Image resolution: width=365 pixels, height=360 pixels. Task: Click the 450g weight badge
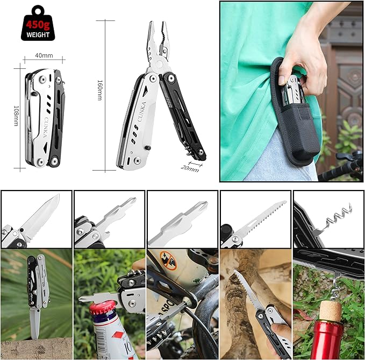[x=38, y=23]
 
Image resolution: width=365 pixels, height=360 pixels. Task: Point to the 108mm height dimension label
[x=17, y=116]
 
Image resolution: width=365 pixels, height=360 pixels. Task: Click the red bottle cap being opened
[x=103, y=308]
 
